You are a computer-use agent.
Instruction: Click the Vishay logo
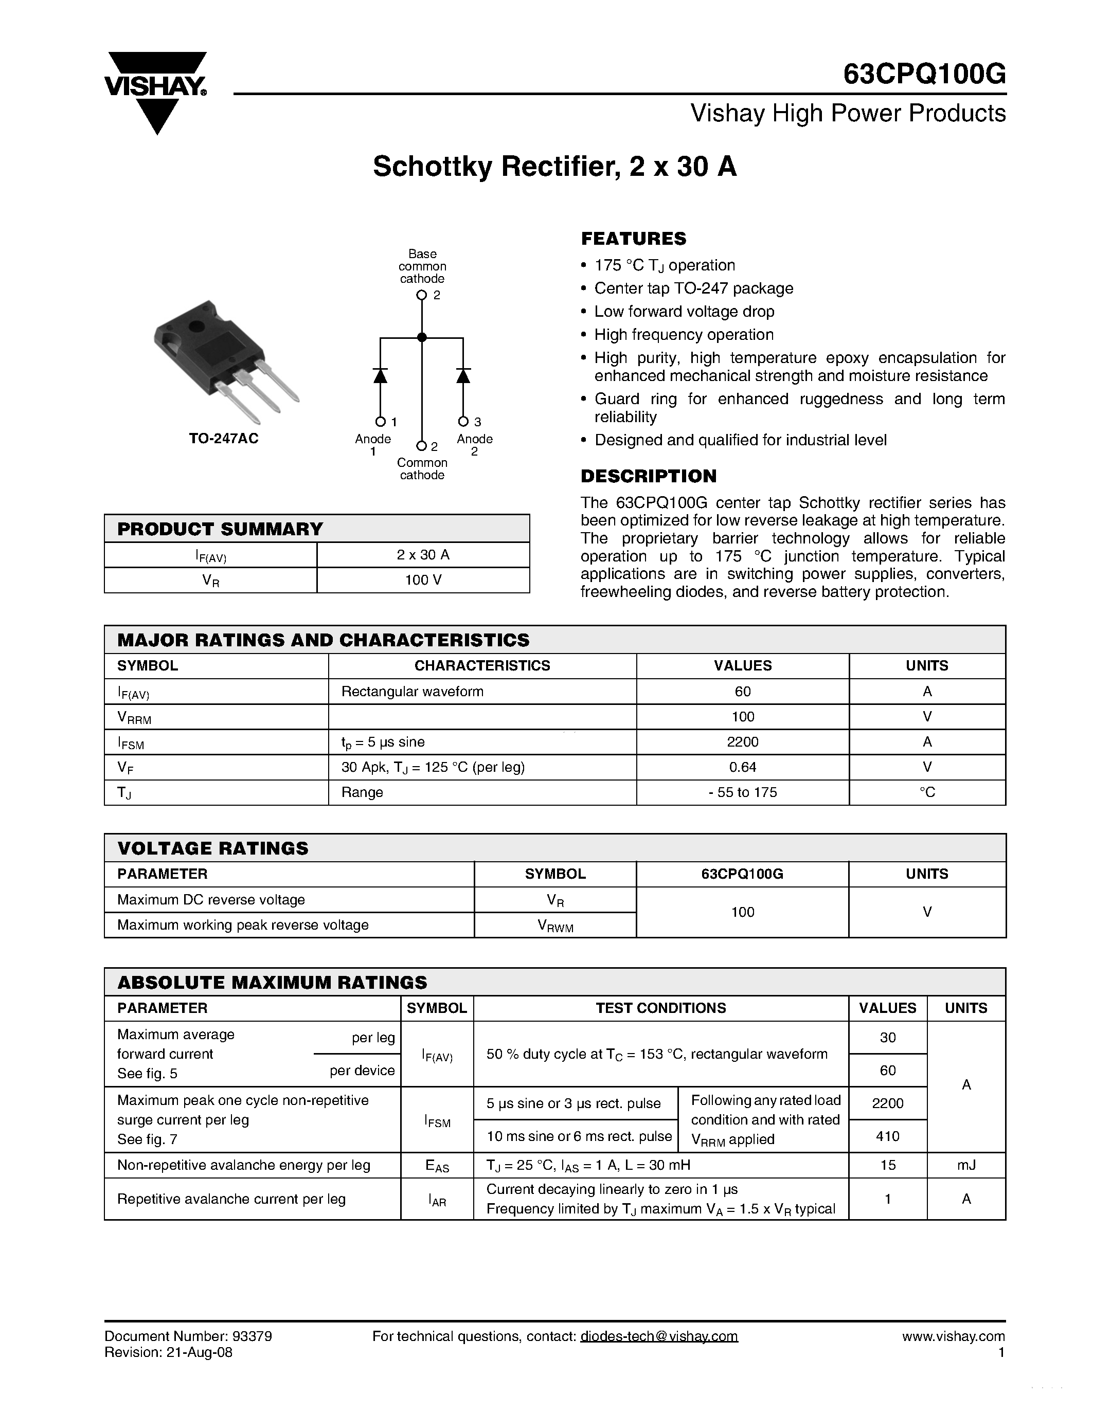(x=155, y=90)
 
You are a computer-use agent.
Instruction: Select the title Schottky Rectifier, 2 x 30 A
(x=554, y=167)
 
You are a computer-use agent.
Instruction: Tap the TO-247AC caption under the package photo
(x=223, y=438)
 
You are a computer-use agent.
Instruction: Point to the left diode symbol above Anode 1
(x=380, y=375)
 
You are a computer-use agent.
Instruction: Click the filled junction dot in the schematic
(x=422, y=337)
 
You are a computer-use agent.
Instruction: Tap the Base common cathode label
(x=422, y=266)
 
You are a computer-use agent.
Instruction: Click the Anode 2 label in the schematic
(x=475, y=444)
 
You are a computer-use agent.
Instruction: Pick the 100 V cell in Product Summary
(x=423, y=580)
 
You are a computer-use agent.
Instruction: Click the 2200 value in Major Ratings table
(x=742, y=741)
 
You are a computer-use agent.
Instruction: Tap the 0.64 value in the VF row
(x=742, y=767)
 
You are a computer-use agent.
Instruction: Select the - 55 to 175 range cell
(x=742, y=792)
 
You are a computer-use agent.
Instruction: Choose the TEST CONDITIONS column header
(x=660, y=1008)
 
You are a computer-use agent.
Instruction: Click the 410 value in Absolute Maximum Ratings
(x=887, y=1136)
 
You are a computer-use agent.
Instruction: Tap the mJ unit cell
(x=965, y=1165)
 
